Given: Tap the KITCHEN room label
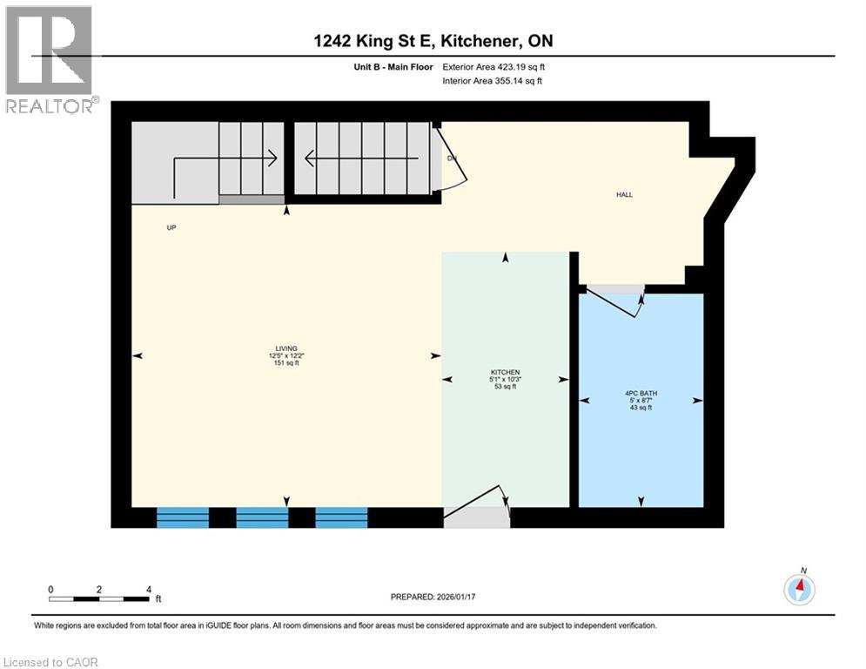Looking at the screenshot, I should [505, 372].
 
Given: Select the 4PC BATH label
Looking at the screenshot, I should [641, 393].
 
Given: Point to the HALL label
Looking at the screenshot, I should [624, 194].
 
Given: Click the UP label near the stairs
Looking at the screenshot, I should [171, 228].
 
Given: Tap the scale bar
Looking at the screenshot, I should [100, 598].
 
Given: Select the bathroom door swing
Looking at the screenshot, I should [614, 305].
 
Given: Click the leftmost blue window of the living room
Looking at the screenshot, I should [183, 517].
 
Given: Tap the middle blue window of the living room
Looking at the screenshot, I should [262, 517].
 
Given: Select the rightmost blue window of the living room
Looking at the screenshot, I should [341, 517].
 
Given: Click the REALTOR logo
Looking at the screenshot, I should [50, 59].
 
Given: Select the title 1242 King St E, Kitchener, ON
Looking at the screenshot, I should [433, 41].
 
